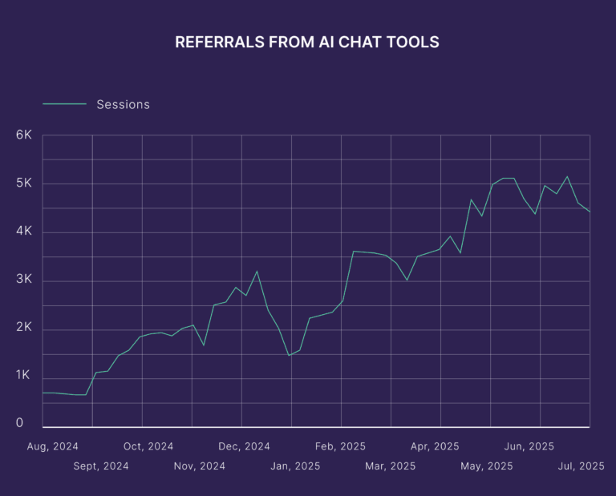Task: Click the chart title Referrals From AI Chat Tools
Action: click(x=307, y=42)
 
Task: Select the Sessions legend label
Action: click(x=123, y=104)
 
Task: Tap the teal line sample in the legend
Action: click(x=64, y=104)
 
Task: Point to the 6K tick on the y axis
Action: click(x=23, y=135)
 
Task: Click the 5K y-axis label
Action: click(x=23, y=183)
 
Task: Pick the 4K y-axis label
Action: click(x=23, y=232)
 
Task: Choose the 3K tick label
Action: click(x=23, y=280)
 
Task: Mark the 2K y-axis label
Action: click(x=23, y=329)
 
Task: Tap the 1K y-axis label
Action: click(x=23, y=377)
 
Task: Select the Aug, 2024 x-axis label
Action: click(x=54, y=446)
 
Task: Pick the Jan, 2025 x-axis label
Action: click(x=295, y=466)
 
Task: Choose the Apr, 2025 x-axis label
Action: click(x=436, y=446)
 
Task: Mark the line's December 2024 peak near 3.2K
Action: click(x=257, y=271)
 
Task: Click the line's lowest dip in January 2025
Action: click(x=289, y=356)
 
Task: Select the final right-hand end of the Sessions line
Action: click(x=590, y=212)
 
